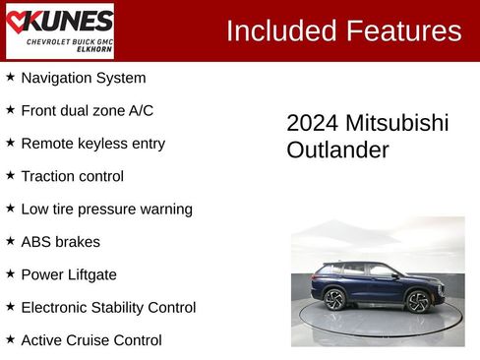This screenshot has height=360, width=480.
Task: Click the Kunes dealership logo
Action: click(x=59, y=30)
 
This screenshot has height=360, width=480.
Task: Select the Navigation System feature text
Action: click(x=83, y=78)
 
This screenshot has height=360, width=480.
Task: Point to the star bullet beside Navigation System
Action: click(x=10, y=77)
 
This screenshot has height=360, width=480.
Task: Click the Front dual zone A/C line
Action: click(x=87, y=110)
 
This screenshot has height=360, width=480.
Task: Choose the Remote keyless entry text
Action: click(x=92, y=144)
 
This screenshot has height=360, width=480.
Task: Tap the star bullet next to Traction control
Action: click(x=10, y=175)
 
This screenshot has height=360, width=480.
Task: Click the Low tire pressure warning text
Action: click(x=106, y=210)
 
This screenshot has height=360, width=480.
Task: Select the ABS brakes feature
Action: click(x=60, y=242)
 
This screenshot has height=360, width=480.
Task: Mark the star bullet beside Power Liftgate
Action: click(x=10, y=273)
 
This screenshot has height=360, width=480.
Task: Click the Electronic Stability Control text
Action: click(x=108, y=308)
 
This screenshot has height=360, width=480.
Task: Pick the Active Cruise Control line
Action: click(x=90, y=340)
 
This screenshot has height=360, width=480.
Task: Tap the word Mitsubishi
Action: click(x=396, y=123)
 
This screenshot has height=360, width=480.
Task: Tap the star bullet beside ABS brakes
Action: click(x=10, y=241)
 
